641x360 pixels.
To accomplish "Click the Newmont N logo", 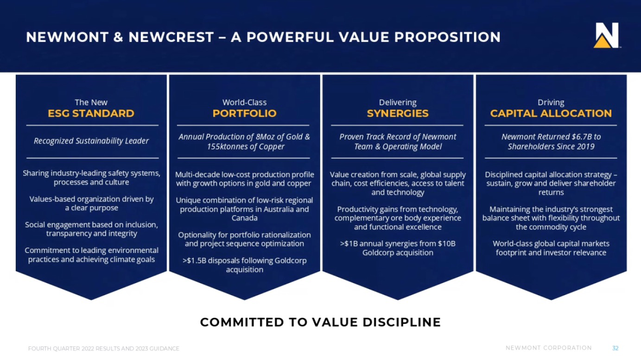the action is coord(606,35).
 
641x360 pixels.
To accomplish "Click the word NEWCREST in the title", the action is coord(171,37).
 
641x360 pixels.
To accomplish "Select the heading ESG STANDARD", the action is coord(91,114).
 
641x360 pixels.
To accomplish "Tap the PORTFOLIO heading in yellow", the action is coord(245,114).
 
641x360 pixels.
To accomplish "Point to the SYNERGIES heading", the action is coord(398,114).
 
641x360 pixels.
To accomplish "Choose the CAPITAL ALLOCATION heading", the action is coord(551,114).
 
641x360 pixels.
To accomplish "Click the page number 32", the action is coord(615,348).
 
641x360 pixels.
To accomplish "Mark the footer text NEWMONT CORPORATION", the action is coord(549,348).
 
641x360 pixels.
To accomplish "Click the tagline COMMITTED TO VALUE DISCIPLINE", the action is coord(321,322).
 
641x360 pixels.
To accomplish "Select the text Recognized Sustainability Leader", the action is coord(91,141).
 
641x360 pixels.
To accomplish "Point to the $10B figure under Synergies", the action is coord(447,244).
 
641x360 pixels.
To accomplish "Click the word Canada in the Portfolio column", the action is coord(244,218).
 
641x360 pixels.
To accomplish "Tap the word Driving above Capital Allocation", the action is coord(551,102).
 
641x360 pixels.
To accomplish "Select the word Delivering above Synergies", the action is coord(398,102).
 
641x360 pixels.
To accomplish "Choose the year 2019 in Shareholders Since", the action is coord(585,146).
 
